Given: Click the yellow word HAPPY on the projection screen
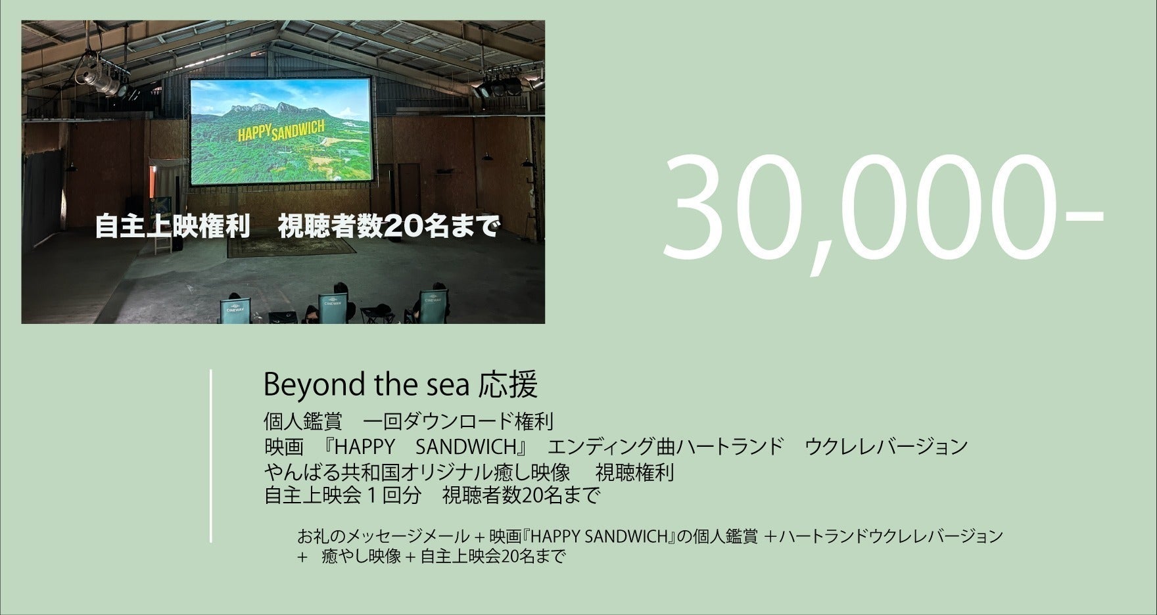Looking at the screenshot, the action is coord(253,133).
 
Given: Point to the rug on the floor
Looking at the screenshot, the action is coord(291,246).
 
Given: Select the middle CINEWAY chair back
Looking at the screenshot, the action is coord(332,308).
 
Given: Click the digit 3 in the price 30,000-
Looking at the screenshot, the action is coord(697,208).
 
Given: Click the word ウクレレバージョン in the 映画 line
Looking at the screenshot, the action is coord(886,447).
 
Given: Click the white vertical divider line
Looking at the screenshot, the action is coord(211,455).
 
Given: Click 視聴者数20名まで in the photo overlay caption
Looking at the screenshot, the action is coord(389,227).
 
